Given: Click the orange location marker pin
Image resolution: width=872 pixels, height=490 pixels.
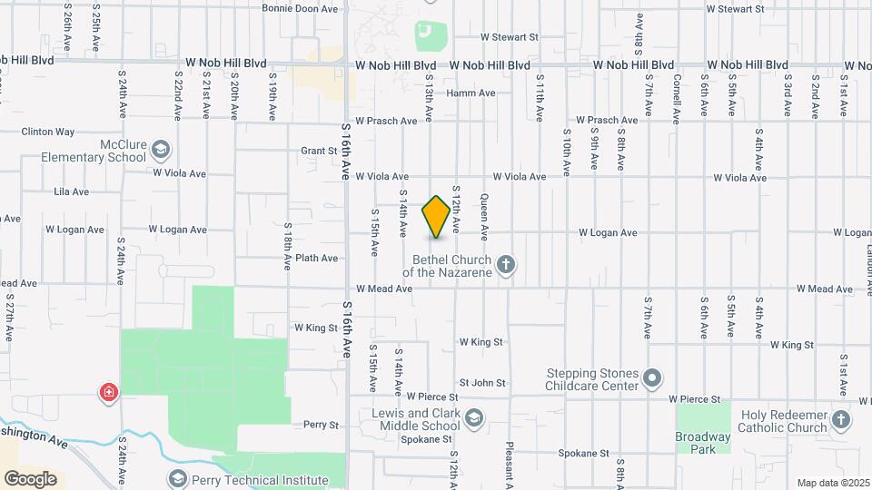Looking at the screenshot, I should tap(437, 217).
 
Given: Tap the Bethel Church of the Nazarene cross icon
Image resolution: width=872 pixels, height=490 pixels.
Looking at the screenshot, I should tap(507, 266).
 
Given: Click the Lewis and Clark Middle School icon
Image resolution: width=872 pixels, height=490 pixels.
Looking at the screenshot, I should tap(473, 418).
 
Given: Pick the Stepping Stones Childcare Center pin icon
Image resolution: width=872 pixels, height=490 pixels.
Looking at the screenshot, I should tap(651, 378).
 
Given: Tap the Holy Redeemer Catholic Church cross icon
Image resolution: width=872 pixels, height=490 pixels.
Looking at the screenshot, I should tap(841, 420).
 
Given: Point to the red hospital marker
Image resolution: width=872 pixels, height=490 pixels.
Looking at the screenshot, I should tap(109, 393).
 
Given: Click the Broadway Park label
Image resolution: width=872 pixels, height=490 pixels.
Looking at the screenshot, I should tap(702, 443).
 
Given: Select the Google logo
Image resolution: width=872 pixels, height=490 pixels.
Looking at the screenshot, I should tap(30, 479).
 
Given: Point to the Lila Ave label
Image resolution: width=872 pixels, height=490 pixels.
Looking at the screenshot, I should tap(72, 192).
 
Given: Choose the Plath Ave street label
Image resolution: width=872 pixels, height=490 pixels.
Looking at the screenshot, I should tap(317, 259).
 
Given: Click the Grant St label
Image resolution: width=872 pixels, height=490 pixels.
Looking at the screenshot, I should tap(320, 152).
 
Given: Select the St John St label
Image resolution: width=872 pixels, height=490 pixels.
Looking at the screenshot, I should tap(482, 384).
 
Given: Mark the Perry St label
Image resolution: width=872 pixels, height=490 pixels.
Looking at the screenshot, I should tap(321, 425).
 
